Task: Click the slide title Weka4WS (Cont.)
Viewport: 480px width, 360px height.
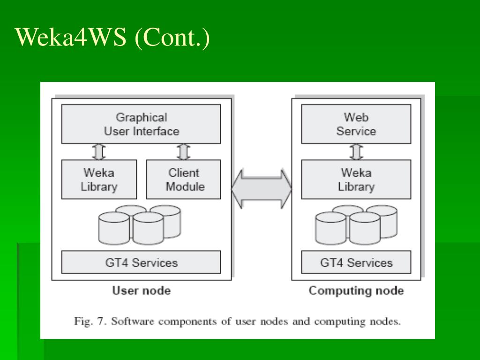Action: coord(112,37)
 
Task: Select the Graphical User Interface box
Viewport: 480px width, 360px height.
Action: coord(141,124)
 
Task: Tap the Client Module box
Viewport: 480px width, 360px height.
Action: coord(183,180)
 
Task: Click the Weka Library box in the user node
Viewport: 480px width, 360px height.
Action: coord(99,180)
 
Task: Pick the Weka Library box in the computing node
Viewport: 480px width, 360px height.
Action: coord(356,180)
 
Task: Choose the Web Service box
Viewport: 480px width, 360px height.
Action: coord(356,124)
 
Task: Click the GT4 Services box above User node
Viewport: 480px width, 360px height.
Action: coord(141,262)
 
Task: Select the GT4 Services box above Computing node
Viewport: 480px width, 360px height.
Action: coord(356,262)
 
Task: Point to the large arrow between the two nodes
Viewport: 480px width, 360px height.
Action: coord(262,189)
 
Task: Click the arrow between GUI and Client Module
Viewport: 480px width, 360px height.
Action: coord(183,152)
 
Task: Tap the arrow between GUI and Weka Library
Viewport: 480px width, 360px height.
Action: coord(99,152)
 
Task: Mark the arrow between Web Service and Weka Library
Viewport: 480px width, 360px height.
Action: coord(356,152)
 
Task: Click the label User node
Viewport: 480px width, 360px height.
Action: coord(142,291)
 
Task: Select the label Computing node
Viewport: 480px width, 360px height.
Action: coord(356,291)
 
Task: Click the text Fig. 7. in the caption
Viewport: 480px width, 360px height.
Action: coord(90,322)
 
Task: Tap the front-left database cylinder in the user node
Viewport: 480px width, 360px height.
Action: coord(114,228)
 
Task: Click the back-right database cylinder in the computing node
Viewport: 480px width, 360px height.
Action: coord(382,222)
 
